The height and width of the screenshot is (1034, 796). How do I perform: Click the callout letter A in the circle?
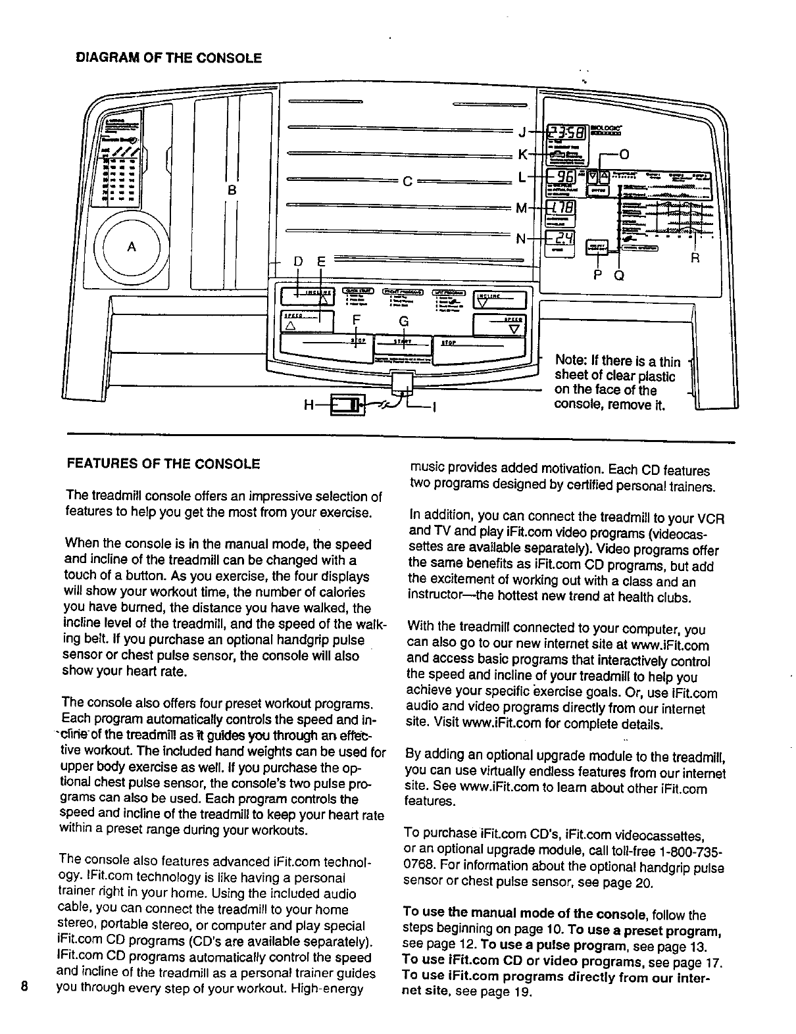coord(132,247)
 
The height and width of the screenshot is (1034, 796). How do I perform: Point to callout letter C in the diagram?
coord(407,182)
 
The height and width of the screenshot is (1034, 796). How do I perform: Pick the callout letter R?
coord(695,258)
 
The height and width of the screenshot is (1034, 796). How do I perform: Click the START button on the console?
coord(402,342)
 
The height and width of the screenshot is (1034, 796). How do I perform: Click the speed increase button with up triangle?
coord(307,322)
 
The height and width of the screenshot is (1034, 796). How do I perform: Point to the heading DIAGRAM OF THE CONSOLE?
coord(168,58)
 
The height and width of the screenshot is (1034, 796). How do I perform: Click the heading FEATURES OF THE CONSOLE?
coord(163,464)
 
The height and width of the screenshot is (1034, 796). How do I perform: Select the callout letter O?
coord(624,155)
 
